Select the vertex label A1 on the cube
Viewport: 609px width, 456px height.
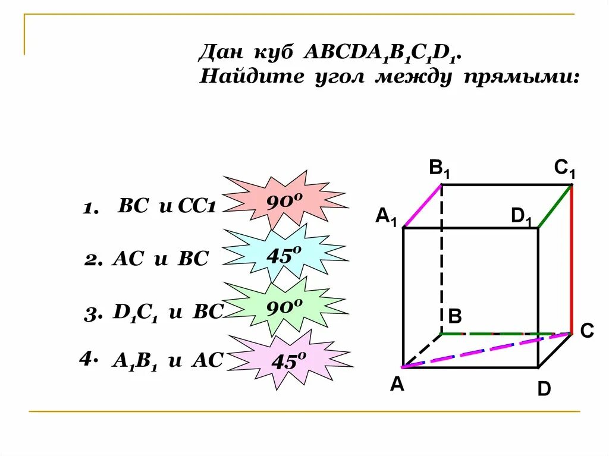click(x=386, y=215)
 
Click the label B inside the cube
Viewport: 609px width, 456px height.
click(x=455, y=316)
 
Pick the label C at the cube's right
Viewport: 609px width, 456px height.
click(x=587, y=331)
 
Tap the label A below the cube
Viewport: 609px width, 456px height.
click(x=397, y=385)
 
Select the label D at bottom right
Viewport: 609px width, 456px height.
click(x=544, y=389)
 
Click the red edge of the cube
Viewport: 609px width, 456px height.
click(x=572, y=259)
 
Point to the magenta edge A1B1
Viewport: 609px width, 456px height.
click(x=423, y=206)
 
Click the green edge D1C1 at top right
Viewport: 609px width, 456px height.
click(x=555, y=206)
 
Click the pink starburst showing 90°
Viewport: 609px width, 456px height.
click(x=284, y=202)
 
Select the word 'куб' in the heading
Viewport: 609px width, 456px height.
click(x=276, y=53)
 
